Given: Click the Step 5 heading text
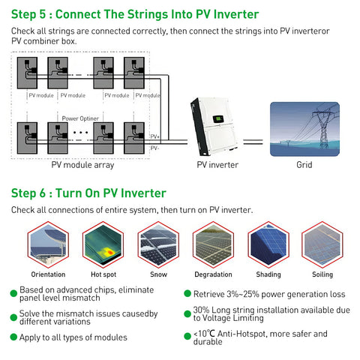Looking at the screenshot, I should [x=135, y=14].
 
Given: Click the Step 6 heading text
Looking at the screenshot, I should [x=88, y=193].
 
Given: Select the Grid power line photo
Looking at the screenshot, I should [x=303, y=128].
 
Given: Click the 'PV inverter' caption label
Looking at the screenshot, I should [x=217, y=165].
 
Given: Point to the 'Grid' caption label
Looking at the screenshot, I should [x=304, y=165].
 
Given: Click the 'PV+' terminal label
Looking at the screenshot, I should [x=155, y=136].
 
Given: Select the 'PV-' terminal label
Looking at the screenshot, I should [x=155, y=148].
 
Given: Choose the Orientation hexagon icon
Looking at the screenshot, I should [x=48, y=245].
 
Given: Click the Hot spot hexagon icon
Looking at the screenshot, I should [x=103, y=245].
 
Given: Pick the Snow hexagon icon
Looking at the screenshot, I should [x=159, y=245].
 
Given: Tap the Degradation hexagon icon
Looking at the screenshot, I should [x=214, y=245].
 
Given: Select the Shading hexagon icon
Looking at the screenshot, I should [x=268, y=245].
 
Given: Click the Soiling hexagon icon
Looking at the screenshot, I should [x=322, y=245].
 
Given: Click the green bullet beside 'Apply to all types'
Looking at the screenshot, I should [x=13, y=337].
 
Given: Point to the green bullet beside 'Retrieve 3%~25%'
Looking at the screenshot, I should [x=187, y=295].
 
